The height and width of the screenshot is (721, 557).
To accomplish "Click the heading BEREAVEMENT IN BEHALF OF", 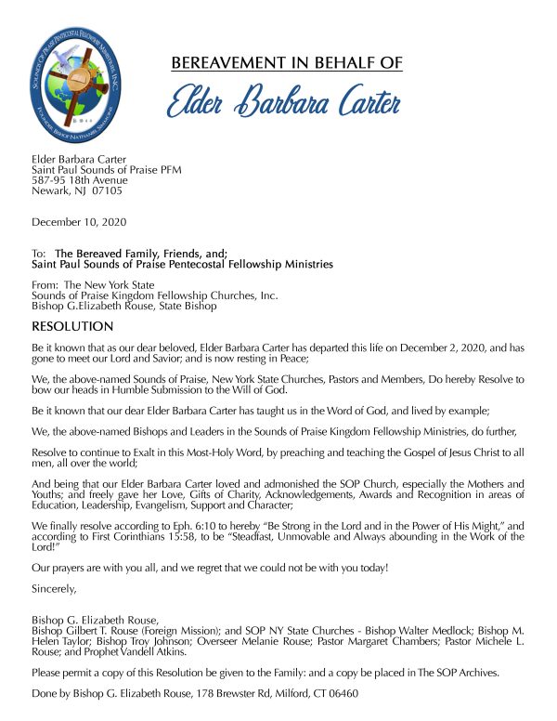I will click(x=287, y=63).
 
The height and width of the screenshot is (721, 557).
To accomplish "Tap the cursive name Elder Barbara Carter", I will click(x=286, y=101).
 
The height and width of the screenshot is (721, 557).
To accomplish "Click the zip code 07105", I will click(x=107, y=190).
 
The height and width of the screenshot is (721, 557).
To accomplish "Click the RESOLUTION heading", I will click(x=72, y=326).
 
